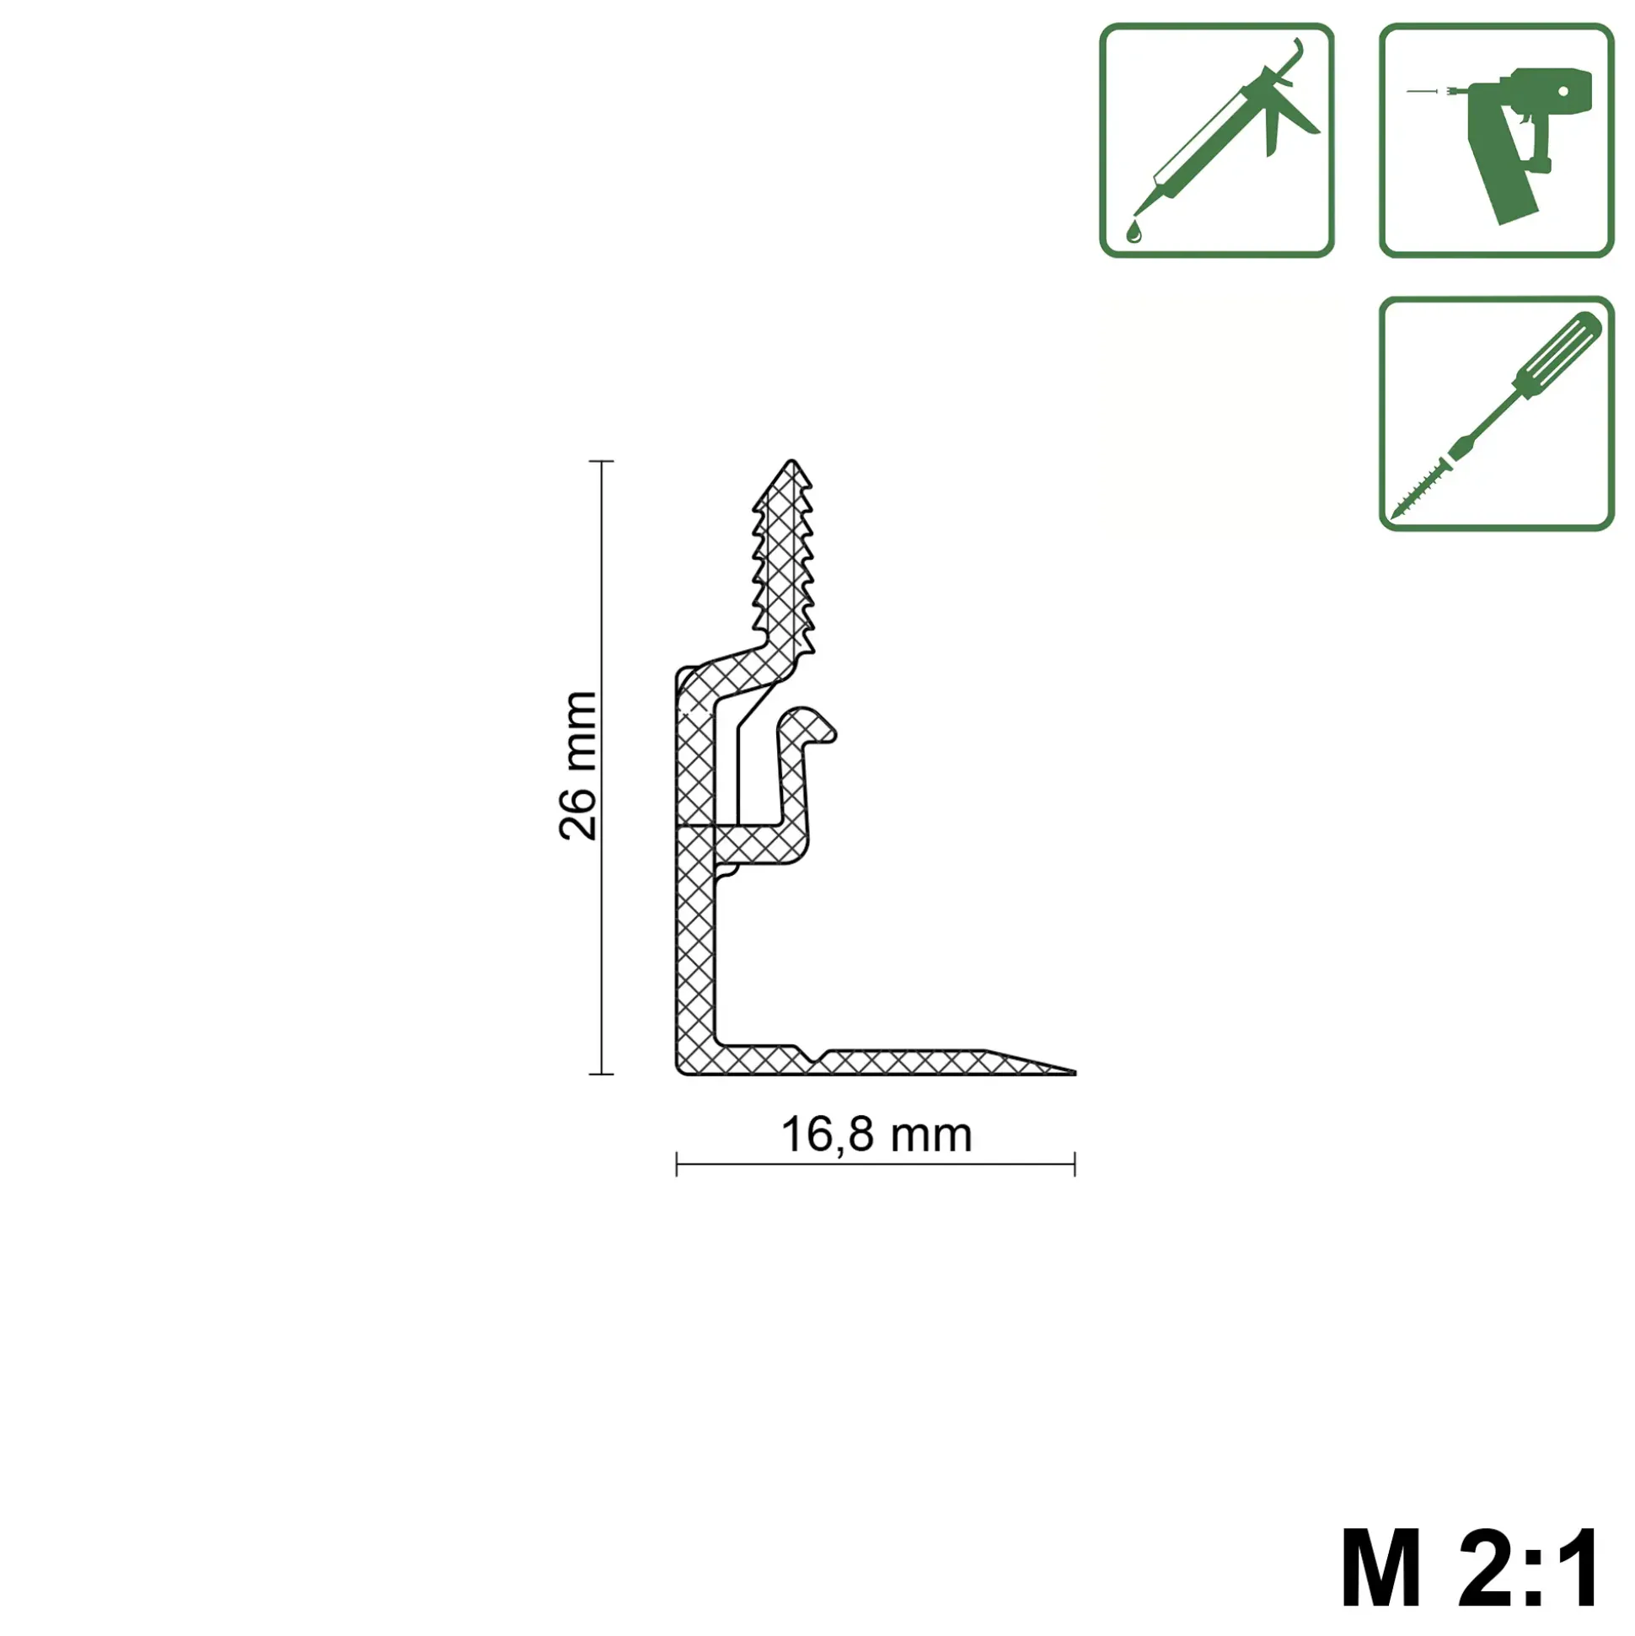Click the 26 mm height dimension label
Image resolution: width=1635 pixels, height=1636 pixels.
578,765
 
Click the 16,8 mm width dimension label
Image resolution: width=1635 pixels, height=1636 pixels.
876,1135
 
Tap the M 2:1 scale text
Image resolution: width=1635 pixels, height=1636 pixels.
1471,1568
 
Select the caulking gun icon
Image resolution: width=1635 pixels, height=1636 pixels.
1217,141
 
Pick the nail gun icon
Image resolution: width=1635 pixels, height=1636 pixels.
1496,141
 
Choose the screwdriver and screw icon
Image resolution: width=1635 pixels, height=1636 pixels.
1496,413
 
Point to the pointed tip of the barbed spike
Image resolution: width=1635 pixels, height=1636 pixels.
791,462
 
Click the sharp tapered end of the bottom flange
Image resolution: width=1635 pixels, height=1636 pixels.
1074,1072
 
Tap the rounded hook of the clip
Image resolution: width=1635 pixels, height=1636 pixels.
808,725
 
